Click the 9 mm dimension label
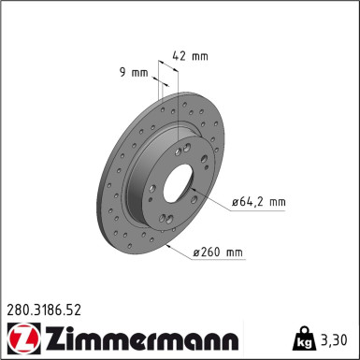pos(134,71)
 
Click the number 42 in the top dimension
pos(180,56)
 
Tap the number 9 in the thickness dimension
pos(124,71)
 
